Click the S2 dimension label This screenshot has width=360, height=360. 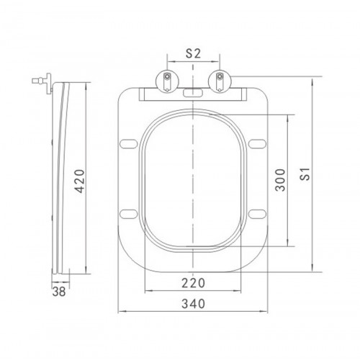coord(193,53)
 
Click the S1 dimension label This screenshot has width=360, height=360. coord(305,174)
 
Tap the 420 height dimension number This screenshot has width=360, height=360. coord(79,181)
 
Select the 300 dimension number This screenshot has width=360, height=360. coord(280,180)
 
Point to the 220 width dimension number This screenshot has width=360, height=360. coord(193,283)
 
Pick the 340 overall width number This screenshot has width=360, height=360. coord(193,304)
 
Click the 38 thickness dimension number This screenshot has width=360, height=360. coord(59,292)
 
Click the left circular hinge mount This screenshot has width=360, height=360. coord(168,81)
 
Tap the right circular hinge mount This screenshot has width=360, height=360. coord(220,81)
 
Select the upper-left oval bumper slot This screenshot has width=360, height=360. coord(128,144)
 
